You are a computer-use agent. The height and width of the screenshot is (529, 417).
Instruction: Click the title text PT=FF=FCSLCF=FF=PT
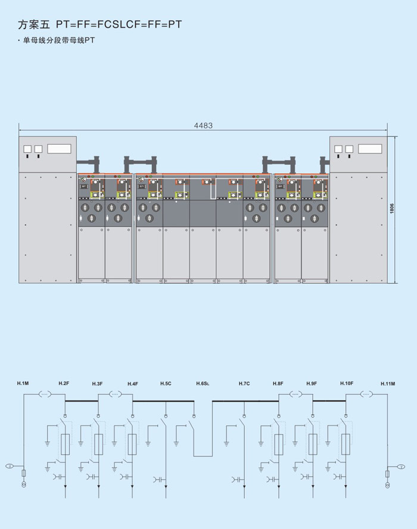coord(119,25)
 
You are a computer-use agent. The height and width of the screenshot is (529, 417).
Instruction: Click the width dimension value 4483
coord(203,126)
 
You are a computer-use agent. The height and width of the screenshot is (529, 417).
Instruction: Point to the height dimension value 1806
coord(392,209)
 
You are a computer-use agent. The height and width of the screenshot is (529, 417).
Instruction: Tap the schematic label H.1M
coord(23,383)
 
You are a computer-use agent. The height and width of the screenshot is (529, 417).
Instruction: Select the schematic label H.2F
coord(64,383)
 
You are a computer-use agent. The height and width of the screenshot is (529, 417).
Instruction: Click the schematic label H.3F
coord(98,384)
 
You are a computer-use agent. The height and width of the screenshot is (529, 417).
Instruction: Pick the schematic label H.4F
coord(132,384)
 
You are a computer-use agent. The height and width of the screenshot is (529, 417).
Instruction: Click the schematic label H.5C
coord(166,383)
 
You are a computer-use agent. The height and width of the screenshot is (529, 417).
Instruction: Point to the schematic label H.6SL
coord(203,384)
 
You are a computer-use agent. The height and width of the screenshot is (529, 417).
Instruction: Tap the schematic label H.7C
coord(244,383)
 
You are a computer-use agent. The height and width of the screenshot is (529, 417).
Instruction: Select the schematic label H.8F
coord(278,383)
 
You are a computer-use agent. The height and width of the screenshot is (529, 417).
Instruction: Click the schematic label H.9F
coord(312,383)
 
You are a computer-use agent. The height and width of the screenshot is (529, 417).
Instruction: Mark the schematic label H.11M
coord(387,384)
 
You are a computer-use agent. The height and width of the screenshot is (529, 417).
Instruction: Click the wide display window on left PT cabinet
coord(59,148)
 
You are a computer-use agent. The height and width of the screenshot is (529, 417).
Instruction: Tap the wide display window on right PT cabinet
coord(370,148)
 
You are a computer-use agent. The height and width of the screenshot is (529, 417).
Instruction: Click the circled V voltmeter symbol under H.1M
coord(9,466)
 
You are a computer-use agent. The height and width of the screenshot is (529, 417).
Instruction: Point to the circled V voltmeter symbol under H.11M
coord(402,466)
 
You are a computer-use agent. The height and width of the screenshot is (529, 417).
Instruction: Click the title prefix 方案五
coord(35,25)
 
